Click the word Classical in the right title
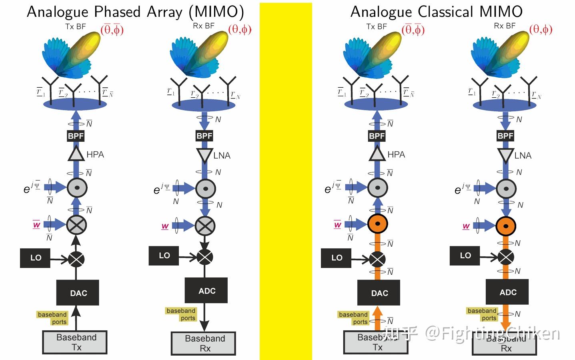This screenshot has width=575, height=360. [x=445, y=12]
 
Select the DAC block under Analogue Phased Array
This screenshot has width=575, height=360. [x=78, y=293]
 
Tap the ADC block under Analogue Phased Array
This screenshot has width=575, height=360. [x=206, y=291]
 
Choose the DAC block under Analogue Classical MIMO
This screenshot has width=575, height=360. [x=379, y=293]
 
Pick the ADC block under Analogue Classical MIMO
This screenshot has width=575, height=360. [x=507, y=292]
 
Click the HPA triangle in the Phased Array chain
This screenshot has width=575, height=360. [x=76, y=154]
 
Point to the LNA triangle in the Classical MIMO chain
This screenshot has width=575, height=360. [x=505, y=155]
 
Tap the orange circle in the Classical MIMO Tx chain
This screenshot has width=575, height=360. [x=377, y=224]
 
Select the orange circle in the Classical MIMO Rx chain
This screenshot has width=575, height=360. [x=506, y=226]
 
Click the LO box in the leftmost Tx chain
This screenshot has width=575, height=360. [x=35, y=257]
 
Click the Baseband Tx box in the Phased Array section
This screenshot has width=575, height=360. [x=75, y=342]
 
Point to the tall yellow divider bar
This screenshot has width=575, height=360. [x=286, y=180]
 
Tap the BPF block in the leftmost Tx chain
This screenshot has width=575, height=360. [x=76, y=136]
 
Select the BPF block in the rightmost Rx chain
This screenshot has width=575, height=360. [x=505, y=136]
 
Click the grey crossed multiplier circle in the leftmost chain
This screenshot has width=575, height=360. [x=76, y=225]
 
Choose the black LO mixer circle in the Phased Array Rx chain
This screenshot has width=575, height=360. [x=205, y=256]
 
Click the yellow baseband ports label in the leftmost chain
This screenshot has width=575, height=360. [x=52, y=318]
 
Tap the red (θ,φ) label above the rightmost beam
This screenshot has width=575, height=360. [x=541, y=29]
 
